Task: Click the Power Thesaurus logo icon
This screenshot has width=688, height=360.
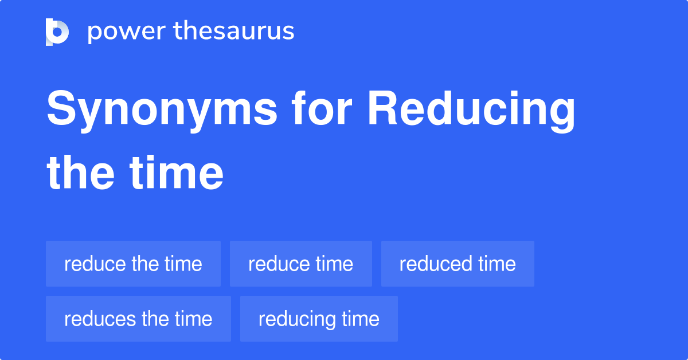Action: (57, 32)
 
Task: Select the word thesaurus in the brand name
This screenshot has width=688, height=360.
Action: (234, 32)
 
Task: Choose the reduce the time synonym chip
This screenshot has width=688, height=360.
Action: (133, 264)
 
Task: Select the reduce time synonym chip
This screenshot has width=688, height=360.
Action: (300, 264)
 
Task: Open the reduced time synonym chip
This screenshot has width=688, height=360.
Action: (458, 264)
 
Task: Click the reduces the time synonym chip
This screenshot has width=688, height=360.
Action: (138, 319)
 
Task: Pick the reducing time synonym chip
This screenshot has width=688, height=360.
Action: (319, 319)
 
